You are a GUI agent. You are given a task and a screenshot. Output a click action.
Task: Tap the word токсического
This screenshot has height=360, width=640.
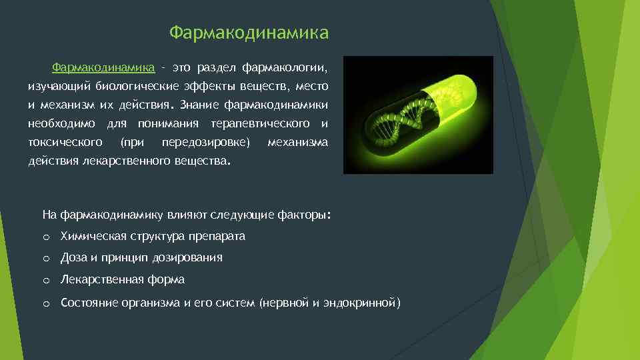click(65, 143)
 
